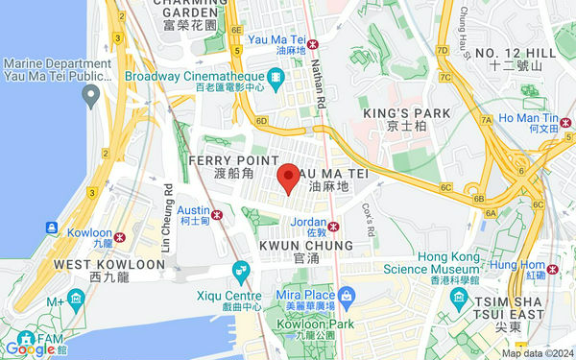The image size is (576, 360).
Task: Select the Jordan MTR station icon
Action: click(x=333, y=227)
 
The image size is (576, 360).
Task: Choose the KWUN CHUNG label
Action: click(x=306, y=246)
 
